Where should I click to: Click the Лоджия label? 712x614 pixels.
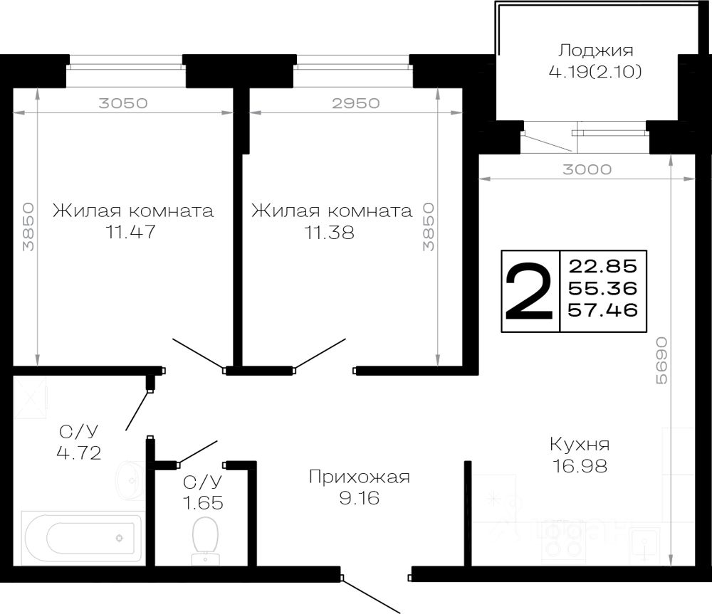click(595, 51)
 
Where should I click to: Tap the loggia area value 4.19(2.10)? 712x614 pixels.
click(595, 71)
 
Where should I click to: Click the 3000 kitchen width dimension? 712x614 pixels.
click(587, 169)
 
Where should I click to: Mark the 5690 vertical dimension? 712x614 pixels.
click(661, 361)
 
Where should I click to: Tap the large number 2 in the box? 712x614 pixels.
click(530, 292)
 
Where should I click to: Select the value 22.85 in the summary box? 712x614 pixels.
click(602, 267)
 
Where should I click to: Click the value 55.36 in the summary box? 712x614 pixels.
click(602, 288)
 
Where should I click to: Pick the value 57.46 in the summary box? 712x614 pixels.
click(602, 309)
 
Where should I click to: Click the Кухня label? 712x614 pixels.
click(579, 445)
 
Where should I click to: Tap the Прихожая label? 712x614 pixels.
click(359, 477)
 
